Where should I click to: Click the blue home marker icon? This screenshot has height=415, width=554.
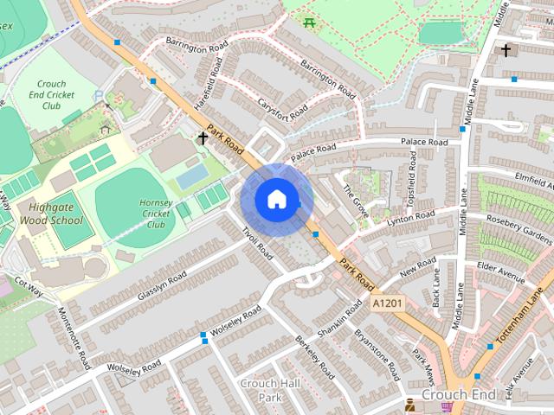(x=276, y=199)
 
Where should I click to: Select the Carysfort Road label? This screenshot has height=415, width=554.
(x=282, y=107)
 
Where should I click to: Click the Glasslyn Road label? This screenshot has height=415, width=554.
(x=161, y=286)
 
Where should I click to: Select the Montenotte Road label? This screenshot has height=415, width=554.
(x=73, y=336)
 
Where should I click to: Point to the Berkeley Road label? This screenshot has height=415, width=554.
(x=313, y=358)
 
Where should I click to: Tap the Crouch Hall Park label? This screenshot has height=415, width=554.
(x=270, y=390)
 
